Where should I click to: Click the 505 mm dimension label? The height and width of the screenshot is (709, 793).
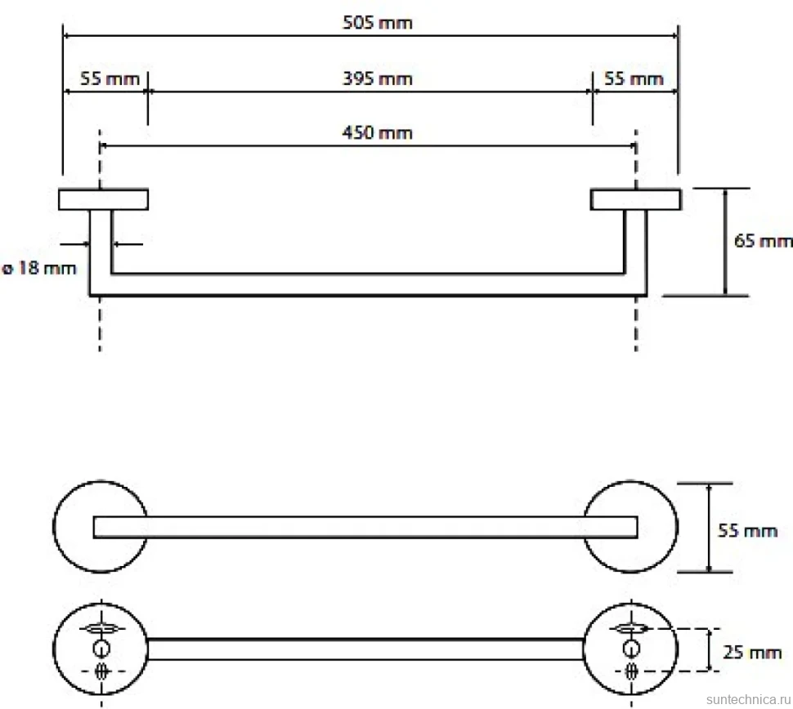[x=377, y=23]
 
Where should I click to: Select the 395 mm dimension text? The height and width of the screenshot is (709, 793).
[x=377, y=79]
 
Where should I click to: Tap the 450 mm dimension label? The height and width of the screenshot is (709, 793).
[x=377, y=133]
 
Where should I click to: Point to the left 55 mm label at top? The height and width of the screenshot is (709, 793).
[x=110, y=79]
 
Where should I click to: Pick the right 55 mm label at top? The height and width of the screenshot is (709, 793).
[x=634, y=79]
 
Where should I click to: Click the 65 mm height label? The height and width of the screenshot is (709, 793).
[x=764, y=240]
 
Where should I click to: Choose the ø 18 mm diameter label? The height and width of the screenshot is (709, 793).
[x=39, y=268]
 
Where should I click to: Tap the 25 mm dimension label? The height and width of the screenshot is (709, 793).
[x=752, y=653]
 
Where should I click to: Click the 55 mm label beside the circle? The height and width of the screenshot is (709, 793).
[x=747, y=531]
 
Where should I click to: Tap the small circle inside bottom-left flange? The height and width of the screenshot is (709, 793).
[x=101, y=649]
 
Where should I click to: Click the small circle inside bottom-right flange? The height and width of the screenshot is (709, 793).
[x=631, y=649]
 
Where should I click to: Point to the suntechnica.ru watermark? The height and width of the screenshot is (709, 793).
[x=748, y=699]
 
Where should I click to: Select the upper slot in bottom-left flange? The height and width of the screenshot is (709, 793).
[x=101, y=629]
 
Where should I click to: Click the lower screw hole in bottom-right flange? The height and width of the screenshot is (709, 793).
[x=631, y=671]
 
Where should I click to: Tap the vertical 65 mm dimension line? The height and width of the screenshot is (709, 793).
[x=725, y=242]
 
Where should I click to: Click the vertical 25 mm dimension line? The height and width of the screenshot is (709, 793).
[x=711, y=650]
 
